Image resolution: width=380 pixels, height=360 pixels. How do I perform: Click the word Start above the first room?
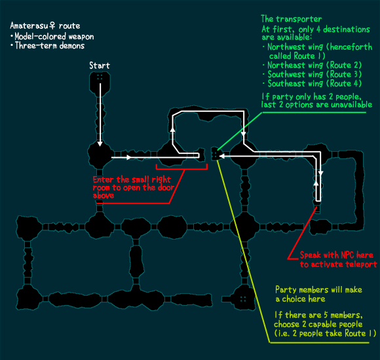point(100,65)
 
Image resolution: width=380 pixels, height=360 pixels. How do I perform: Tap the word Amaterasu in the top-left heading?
point(29,26)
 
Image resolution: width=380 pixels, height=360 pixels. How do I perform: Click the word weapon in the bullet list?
point(81,37)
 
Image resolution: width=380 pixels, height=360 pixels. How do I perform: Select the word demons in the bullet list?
point(71,46)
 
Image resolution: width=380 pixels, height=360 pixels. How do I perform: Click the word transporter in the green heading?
point(299,19)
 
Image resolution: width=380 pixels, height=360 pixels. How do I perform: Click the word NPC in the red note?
point(348,255)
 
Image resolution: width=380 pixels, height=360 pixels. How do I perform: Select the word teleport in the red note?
point(362,264)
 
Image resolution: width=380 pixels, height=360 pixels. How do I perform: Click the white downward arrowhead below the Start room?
point(100,144)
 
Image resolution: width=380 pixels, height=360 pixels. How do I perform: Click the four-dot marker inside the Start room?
point(100,77)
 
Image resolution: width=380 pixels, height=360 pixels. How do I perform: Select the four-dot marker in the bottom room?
point(243,299)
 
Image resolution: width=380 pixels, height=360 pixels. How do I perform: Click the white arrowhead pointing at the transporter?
point(221,156)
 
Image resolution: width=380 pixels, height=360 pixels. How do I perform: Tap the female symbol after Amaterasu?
point(52,26)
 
